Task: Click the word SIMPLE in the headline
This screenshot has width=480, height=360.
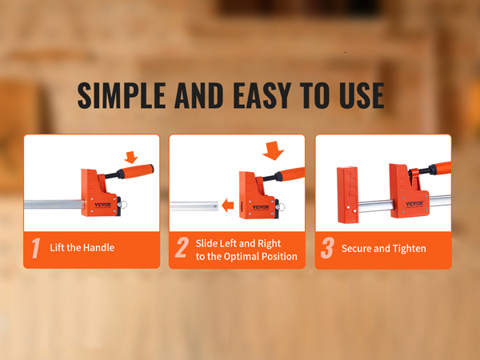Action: [x=122, y=95]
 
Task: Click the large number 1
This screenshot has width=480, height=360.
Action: [x=36, y=248]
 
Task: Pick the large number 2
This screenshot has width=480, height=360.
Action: [x=182, y=247]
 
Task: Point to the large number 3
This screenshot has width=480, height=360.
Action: [x=327, y=248]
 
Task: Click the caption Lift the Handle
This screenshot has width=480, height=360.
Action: [x=82, y=247]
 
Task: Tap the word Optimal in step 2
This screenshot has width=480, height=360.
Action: [x=242, y=256]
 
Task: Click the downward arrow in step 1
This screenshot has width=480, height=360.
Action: [x=131, y=157]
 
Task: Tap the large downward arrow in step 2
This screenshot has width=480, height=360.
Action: [x=273, y=150]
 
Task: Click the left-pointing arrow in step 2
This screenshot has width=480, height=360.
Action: [x=227, y=205]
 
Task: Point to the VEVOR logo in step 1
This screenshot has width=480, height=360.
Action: [x=103, y=205]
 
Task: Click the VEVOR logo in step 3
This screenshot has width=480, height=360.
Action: [x=414, y=203]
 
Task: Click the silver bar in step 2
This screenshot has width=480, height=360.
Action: [x=194, y=206]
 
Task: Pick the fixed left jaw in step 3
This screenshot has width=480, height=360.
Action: [x=347, y=194]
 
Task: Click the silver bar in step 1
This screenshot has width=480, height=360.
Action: [x=54, y=204]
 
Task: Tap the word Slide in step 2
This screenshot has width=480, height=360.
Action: [x=206, y=243]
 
